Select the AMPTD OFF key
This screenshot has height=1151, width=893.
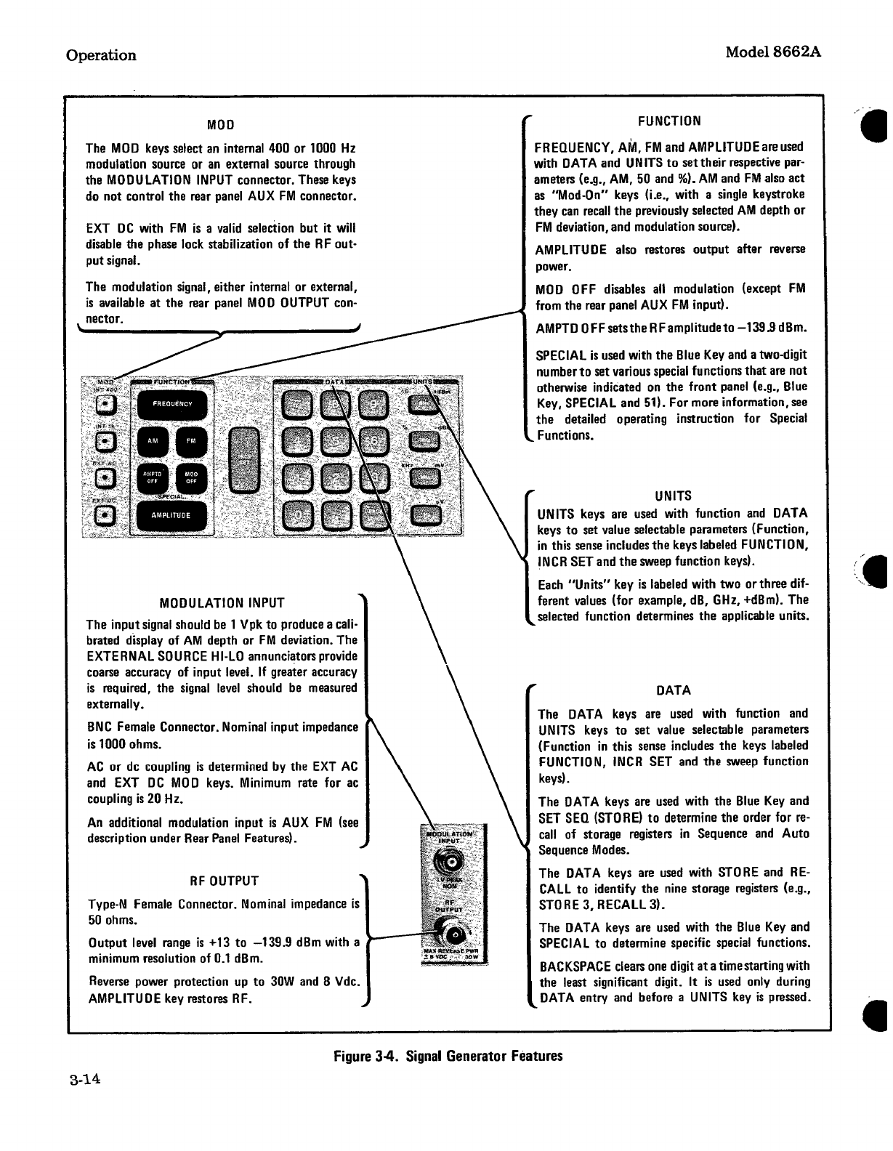pyautogui.click(x=153, y=477)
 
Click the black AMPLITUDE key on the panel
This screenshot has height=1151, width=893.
pyautogui.click(x=171, y=515)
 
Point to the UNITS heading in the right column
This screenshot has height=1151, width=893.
pyautogui.click(x=672, y=496)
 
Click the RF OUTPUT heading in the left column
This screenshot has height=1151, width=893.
pyautogui.click(x=224, y=881)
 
